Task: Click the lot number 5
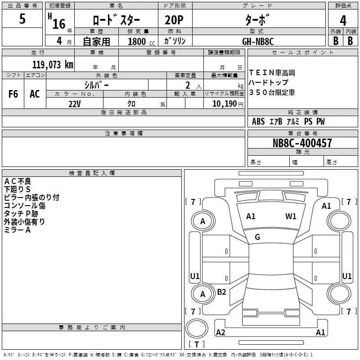(22, 18)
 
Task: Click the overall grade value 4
(343, 20)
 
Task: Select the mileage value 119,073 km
(53, 64)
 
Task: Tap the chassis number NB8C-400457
(302, 143)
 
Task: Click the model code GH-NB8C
(258, 41)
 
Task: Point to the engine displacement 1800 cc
(141, 41)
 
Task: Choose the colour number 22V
(74, 104)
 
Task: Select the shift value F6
(13, 94)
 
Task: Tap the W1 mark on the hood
(291, 216)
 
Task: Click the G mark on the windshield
(257, 237)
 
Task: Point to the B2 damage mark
(221, 292)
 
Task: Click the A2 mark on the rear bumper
(220, 332)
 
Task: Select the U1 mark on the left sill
(195, 276)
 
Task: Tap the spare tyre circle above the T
(197, 328)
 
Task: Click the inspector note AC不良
(18, 181)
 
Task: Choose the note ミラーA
(17, 230)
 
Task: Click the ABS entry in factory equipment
(258, 121)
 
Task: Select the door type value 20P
(174, 20)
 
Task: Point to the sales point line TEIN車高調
(272, 73)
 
